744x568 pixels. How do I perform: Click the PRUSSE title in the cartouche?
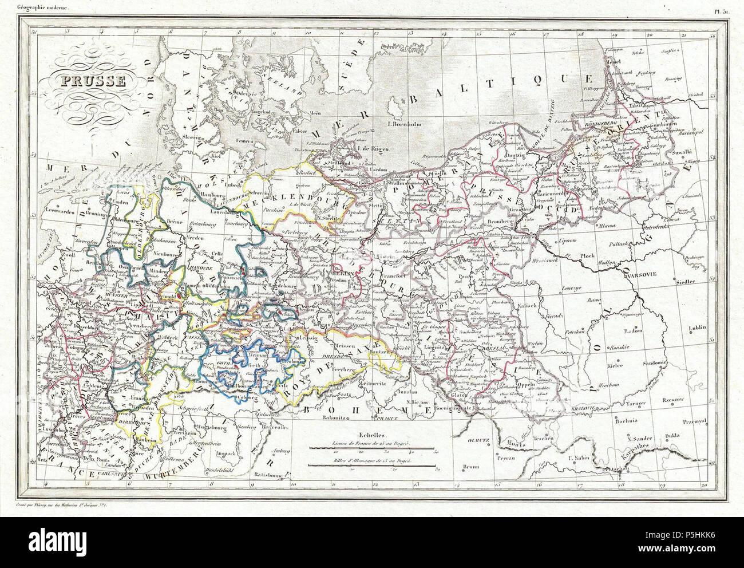tap(87, 81)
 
